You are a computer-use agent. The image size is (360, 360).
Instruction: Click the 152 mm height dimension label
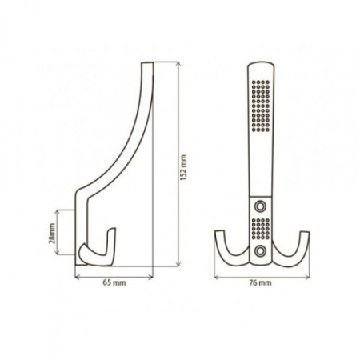point(183,168)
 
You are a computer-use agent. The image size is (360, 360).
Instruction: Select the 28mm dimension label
point(52,233)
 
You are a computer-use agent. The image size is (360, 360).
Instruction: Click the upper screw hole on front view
point(260,206)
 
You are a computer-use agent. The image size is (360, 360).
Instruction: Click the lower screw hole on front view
point(260,250)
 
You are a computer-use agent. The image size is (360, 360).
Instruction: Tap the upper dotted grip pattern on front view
point(261,106)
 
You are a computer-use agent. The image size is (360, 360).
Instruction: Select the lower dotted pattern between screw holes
point(261,229)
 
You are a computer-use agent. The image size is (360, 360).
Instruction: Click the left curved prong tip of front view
point(220,231)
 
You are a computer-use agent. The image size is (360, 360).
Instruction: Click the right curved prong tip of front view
point(305,233)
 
